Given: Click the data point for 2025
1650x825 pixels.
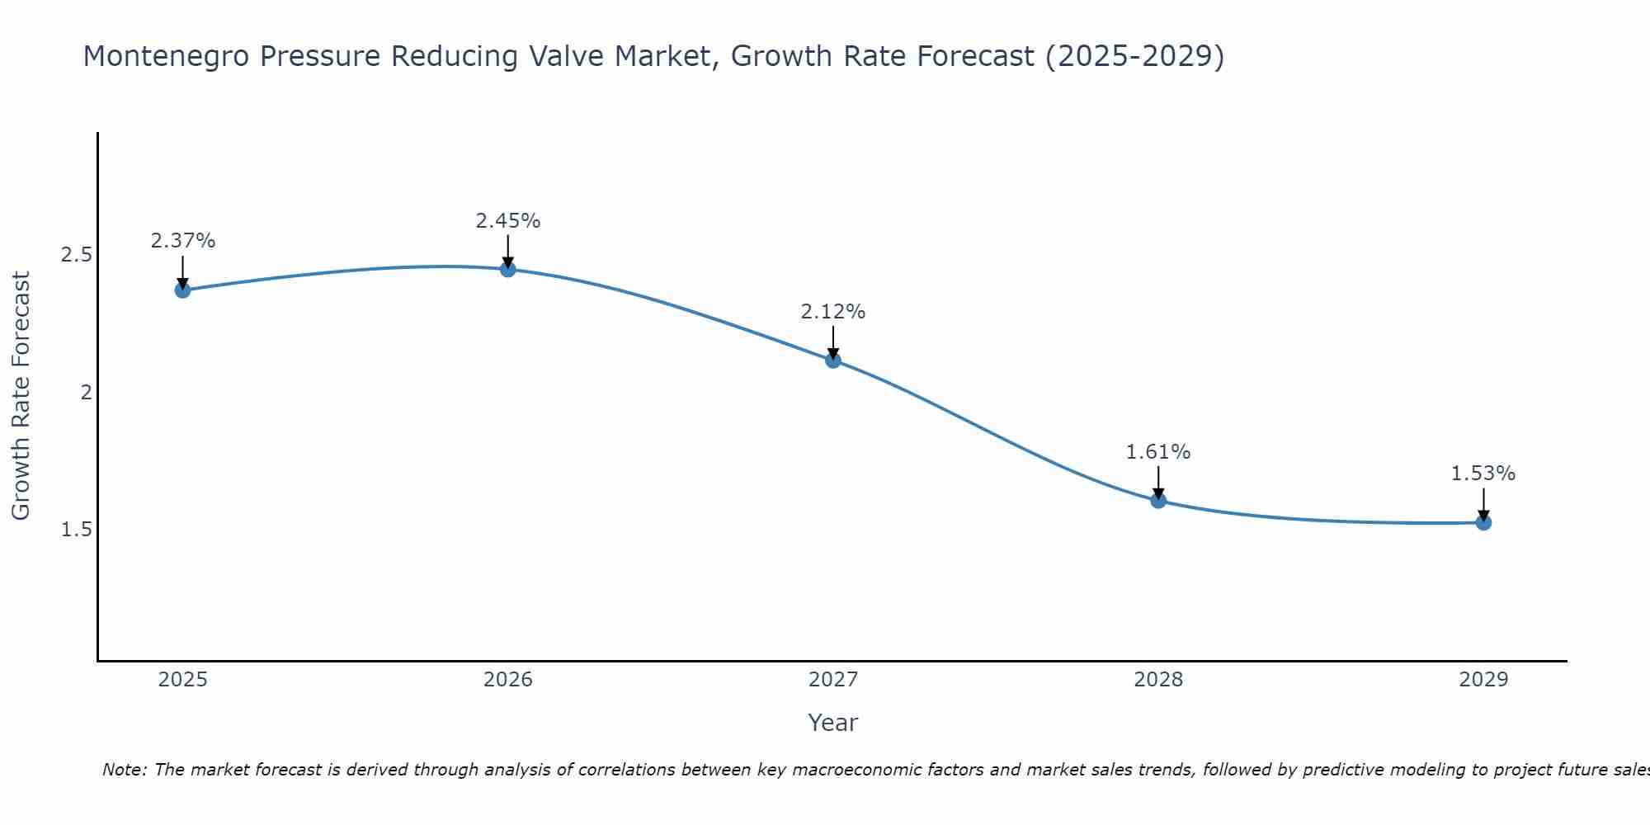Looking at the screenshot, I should click(182, 290).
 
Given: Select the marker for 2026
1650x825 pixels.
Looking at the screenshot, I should click(507, 269).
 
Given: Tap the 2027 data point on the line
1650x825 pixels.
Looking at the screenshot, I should click(833, 360).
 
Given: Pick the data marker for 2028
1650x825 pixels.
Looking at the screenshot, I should click(1158, 500).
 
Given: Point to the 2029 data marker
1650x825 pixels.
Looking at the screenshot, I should click(1483, 522).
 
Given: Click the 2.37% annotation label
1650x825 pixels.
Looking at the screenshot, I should click(182, 241).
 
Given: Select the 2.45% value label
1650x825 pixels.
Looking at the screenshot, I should click(507, 221).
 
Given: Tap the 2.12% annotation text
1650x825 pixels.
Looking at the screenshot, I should click(833, 312).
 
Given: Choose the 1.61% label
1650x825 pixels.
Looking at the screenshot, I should click(1158, 452).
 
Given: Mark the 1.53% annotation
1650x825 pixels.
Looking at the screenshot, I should click(1483, 474).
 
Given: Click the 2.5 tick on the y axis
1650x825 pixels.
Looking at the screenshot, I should click(77, 255).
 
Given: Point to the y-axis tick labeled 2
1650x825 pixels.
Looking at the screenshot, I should click(86, 393).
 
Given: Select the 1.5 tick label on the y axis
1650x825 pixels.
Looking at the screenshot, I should click(77, 530).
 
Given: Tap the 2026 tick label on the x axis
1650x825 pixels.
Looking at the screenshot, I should click(507, 680).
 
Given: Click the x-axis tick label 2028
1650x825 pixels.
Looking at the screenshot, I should click(1158, 680).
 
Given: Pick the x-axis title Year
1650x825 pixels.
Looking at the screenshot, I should click(833, 723).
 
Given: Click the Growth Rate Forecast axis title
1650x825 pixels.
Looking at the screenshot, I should click(21, 396).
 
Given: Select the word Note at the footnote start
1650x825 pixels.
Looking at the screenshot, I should click(124, 770).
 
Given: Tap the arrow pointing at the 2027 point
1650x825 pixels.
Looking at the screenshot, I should click(833, 342).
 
